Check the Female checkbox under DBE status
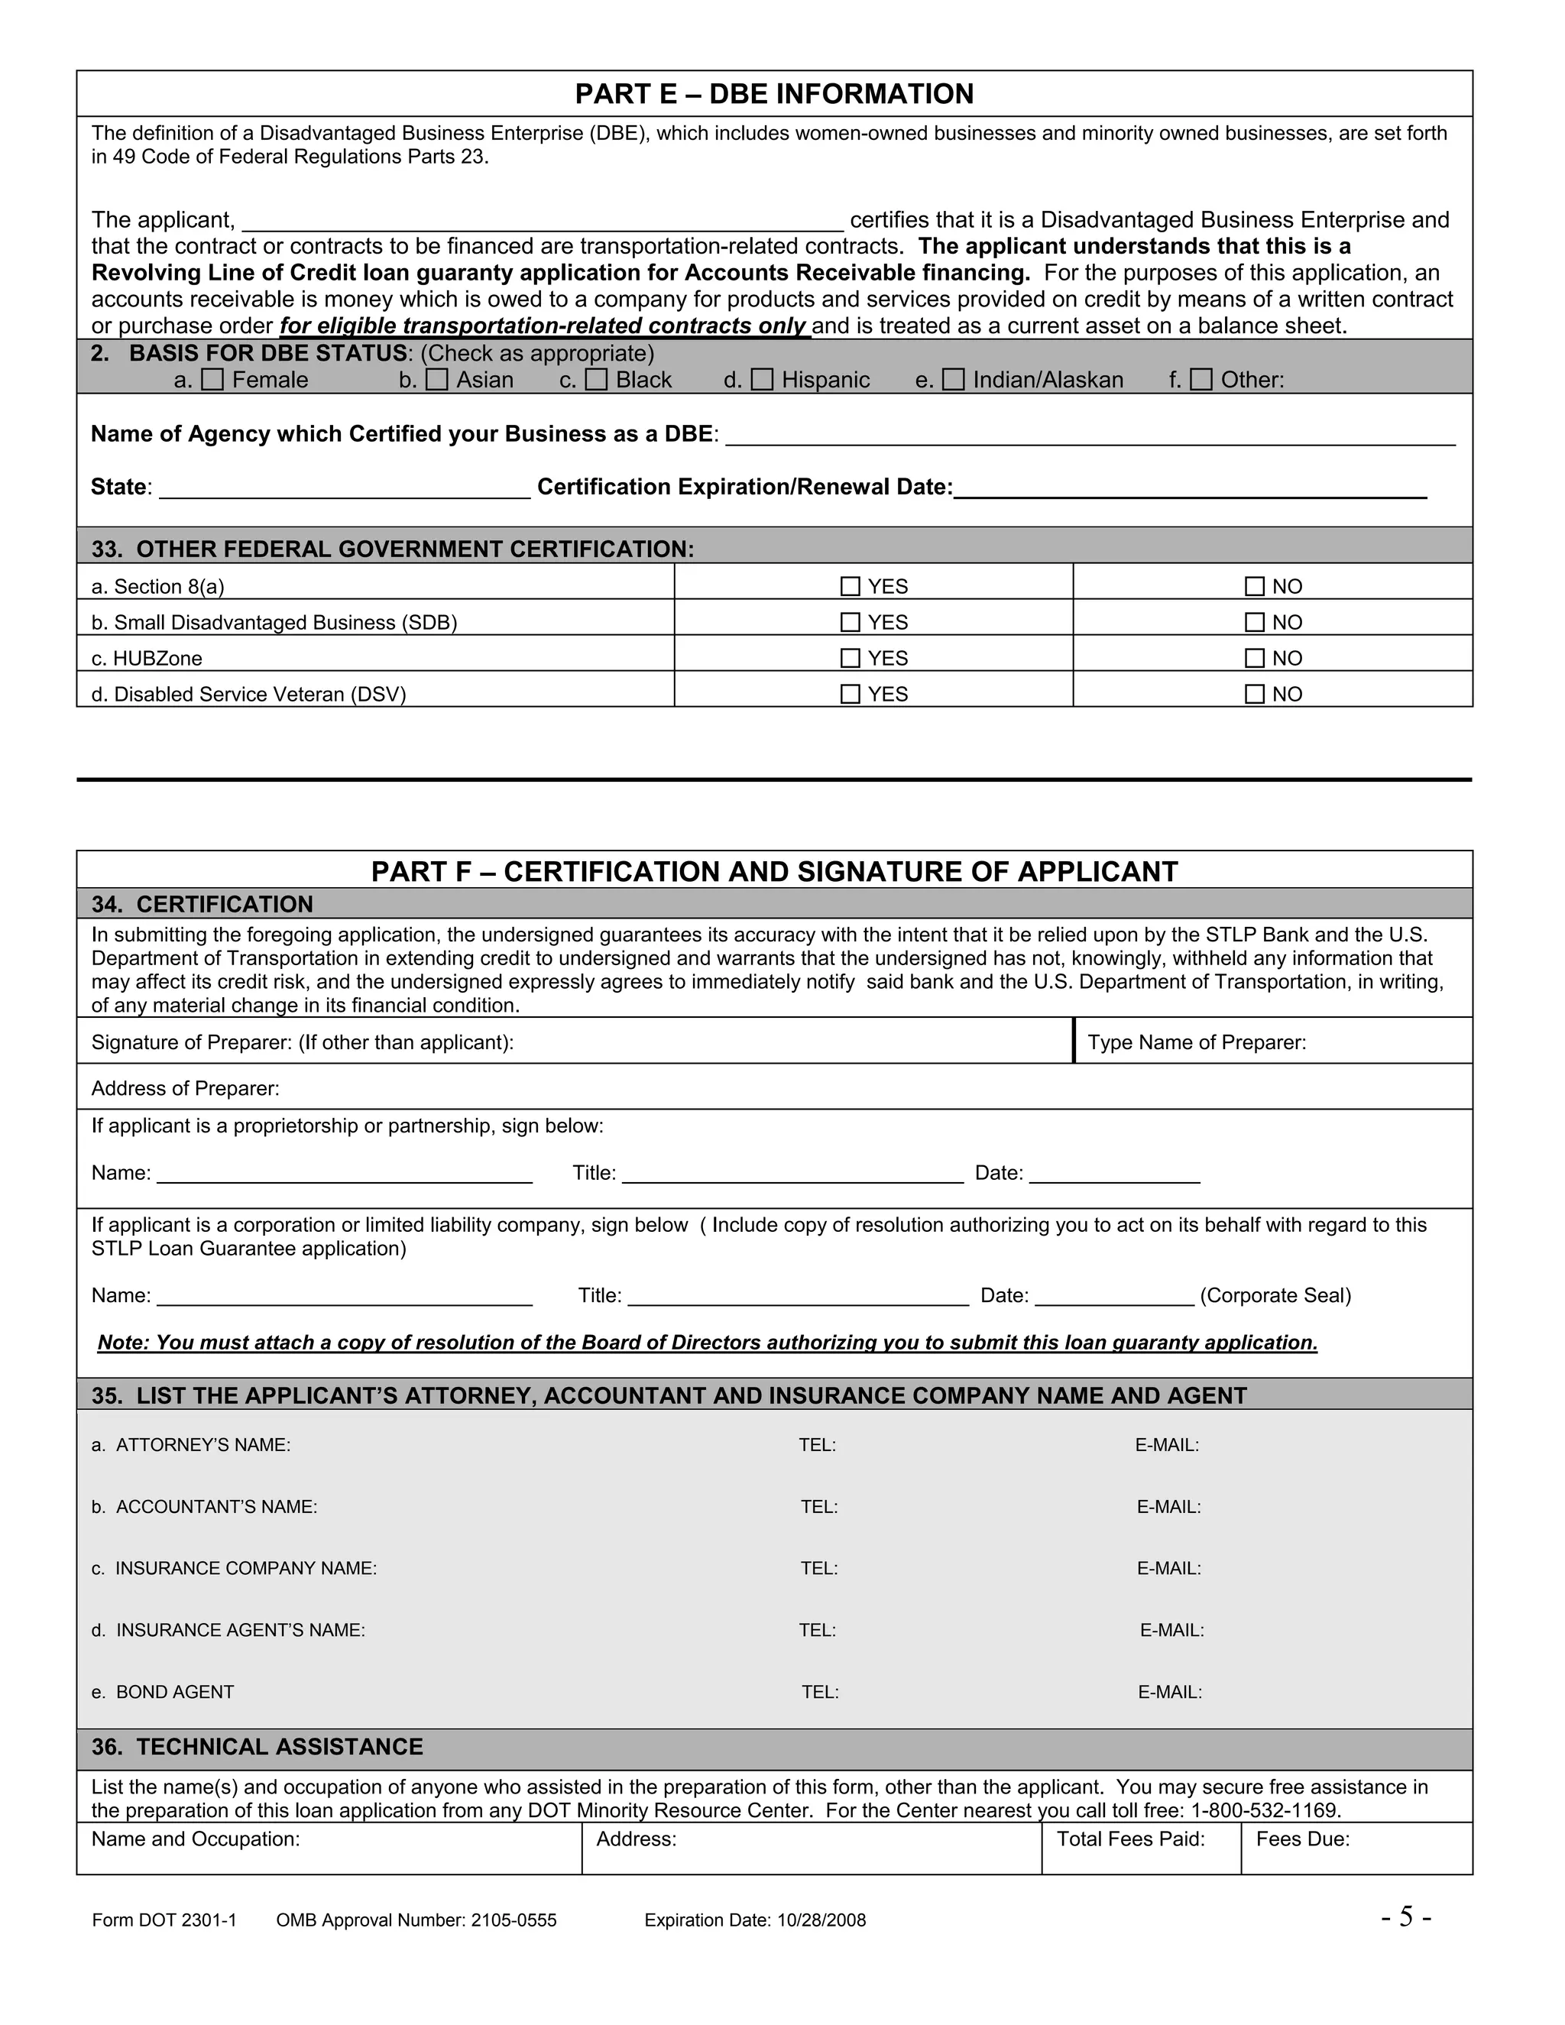[x=212, y=379]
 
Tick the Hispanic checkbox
[x=762, y=379]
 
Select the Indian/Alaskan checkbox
[x=953, y=379]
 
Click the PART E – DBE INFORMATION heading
[x=774, y=94]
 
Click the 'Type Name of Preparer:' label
[x=1197, y=1042]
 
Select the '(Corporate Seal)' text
[x=1275, y=1295]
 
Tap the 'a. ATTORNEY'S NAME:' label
[x=191, y=1444]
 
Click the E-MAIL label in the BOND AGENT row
[x=1170, y=1692]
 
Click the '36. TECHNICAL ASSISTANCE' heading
[x=257, y=1747]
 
